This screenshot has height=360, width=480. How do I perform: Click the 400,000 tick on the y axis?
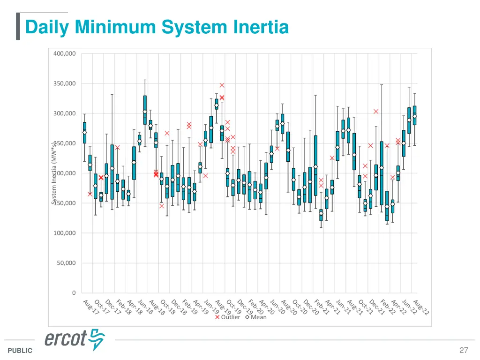(64, 53)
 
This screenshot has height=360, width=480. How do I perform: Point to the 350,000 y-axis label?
(64, 83)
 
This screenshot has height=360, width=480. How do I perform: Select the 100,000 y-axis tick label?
(64, 233)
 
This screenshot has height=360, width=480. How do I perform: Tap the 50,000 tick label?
(66, 263)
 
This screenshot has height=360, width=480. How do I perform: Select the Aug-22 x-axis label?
(420, 307)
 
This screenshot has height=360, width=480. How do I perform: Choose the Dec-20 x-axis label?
(309, 307)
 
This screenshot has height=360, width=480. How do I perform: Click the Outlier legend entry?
(227, 317)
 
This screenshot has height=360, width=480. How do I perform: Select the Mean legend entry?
(255, 317)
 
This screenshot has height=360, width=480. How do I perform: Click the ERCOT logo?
(75, 339)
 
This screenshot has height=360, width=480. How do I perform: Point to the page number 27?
(464, 350)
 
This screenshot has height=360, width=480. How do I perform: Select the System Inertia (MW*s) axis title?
(54, 173)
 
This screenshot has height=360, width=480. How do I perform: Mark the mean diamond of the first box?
(84, 133)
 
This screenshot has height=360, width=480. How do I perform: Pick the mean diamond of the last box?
(414, 117)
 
